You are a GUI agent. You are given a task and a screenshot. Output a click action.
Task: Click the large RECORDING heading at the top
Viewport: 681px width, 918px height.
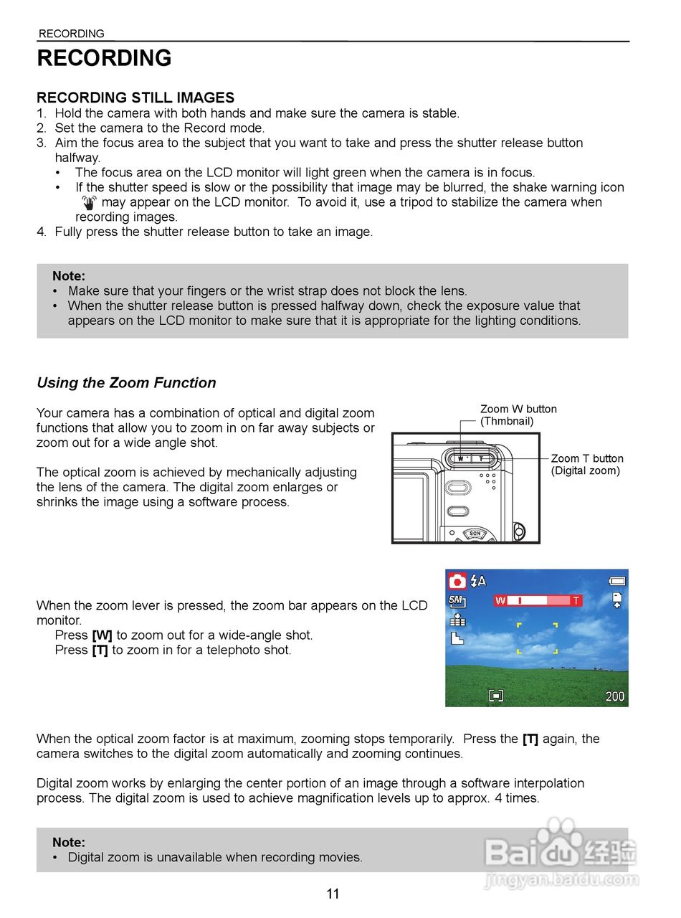point(104,58)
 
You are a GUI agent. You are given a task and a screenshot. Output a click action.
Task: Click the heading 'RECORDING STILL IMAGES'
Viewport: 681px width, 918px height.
point(135,98)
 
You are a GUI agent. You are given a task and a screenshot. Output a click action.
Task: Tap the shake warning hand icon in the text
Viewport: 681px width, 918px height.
point(89,202)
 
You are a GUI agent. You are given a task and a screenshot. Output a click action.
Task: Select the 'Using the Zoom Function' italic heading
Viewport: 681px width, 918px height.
point(126,383)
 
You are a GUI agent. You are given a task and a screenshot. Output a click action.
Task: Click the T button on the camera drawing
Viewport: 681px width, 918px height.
point(482,458)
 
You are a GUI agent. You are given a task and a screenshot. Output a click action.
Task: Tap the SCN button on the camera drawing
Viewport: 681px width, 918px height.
point(475,534)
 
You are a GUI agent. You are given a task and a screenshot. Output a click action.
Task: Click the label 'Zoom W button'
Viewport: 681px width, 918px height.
point(518,410)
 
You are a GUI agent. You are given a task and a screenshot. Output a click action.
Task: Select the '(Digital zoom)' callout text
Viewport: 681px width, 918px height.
point(585,471)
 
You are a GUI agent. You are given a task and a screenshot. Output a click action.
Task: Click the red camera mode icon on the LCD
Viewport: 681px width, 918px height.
point(457,581)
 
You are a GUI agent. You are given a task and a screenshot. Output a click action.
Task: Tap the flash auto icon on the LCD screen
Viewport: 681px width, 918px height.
point(478,581)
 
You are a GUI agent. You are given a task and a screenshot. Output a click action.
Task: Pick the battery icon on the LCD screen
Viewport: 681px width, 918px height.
point(616,581)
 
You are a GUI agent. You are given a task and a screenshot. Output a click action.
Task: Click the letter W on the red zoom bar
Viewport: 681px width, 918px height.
point(500,600)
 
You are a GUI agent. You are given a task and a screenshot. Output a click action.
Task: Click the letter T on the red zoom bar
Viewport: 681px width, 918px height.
point(576,600)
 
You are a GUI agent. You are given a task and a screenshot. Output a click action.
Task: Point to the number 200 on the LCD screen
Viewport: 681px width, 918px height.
point(614,696)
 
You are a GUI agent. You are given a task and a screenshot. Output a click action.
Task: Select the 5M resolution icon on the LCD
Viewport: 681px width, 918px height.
point(457,602)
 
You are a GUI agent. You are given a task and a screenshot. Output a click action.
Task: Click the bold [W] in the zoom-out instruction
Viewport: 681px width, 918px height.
point(102,635)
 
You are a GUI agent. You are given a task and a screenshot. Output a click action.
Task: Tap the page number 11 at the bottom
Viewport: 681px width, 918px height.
point(333,894)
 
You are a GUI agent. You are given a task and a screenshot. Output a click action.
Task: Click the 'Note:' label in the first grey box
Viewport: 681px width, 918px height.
point(69,276)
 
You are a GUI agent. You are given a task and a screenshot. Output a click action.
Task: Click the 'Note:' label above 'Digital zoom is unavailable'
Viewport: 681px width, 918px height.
point(69,843)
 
